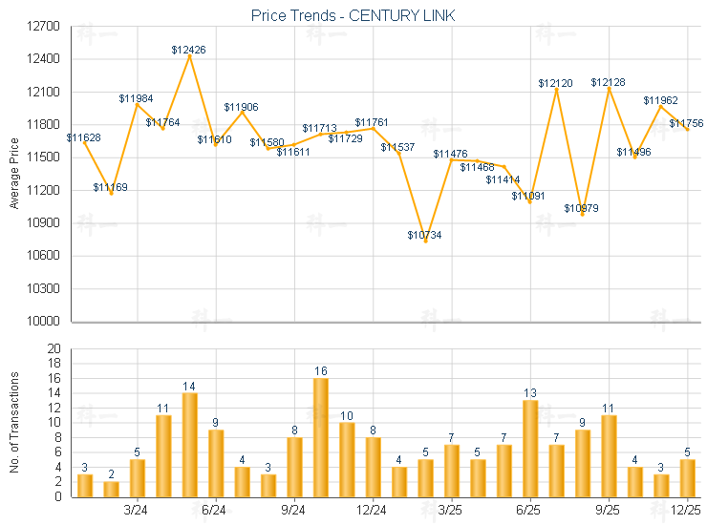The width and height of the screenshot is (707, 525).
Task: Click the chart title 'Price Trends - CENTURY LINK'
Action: click(x=353, y=15)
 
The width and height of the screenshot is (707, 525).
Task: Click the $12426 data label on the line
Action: click(x=189, y=49)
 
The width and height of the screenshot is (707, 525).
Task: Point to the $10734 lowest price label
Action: click(x=424, y=235)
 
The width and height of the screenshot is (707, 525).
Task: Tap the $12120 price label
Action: click(x=555, y=83)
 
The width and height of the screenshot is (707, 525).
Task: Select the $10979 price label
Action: click(x=581, y=208)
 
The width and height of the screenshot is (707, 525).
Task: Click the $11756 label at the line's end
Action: click(x=686, y=123)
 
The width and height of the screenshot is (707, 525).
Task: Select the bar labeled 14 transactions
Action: click(x=189, y=445)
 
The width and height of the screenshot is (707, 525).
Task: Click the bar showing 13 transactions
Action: click(x=529, y=449)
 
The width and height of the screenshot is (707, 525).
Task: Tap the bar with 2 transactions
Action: click(x=111, y=489)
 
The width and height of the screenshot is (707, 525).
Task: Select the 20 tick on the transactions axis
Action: click(x=54, y=348)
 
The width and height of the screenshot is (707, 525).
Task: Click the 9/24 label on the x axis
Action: click(x=294, y=510)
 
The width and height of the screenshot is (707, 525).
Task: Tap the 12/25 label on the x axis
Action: click(x=686, y=510)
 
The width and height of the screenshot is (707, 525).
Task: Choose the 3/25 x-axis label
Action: click(x=451, y=510)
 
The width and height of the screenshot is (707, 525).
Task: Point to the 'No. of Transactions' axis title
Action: click(x=13, y=423)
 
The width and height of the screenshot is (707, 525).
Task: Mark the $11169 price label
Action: click(x=111, y=187)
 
